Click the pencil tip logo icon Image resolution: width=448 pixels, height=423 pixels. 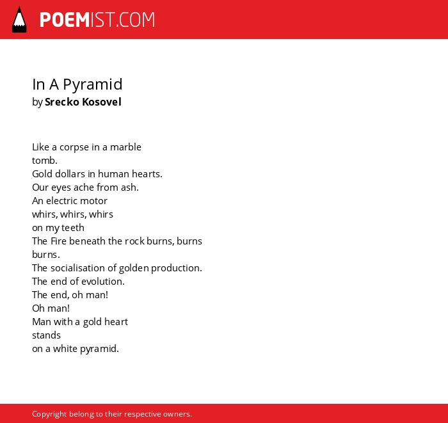click(x=19, y=19)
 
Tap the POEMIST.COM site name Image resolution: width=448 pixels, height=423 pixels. click(x=97, y=20)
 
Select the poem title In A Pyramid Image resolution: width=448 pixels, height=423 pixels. click(x=77, y=85)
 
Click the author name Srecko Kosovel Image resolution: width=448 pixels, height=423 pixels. click(x=83, y=102)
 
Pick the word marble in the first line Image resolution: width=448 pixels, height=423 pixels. click(x=125, y=147)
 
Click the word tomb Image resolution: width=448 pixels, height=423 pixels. click(x=45, y=161)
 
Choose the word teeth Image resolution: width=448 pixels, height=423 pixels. click(x=73, y=228)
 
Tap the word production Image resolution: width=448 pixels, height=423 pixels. click(x=176, y=268)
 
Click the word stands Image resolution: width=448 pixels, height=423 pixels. click(x=46, y=335)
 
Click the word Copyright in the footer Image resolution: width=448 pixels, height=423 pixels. click(x=49, y=414)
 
